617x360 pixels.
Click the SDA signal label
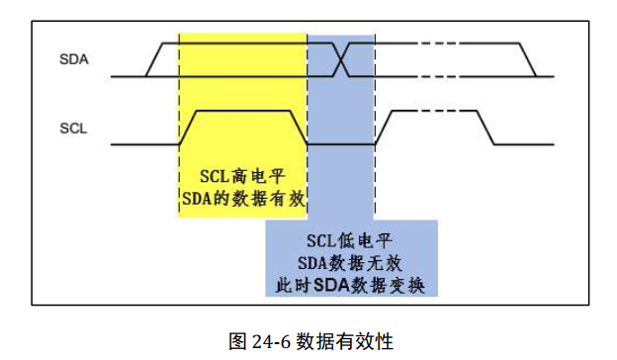tap(73, 59)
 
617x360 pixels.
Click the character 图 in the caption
tap(237, 341)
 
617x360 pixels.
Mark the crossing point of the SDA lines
tap(341, 60)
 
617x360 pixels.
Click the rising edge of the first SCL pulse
tap(189, 127)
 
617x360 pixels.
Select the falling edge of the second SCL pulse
tap(486, 127)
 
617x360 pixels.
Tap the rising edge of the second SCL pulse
tap(387, 127)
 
